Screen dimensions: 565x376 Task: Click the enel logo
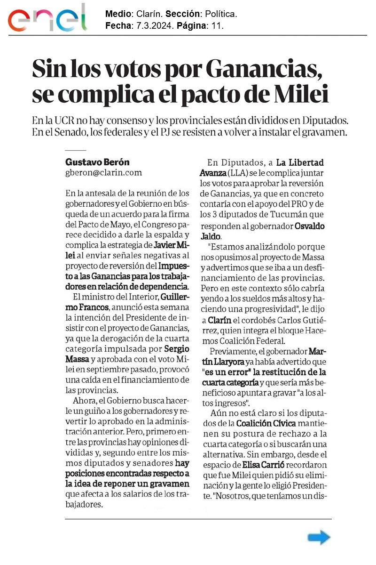click(47, 18)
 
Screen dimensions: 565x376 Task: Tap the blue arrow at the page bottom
click(319, 537)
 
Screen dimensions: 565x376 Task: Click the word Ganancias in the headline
click(264, 70)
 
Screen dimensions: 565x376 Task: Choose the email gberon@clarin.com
click(103, 172)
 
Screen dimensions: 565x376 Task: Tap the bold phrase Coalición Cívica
click(266, 423)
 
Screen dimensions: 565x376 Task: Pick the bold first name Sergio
click(176, 349)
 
